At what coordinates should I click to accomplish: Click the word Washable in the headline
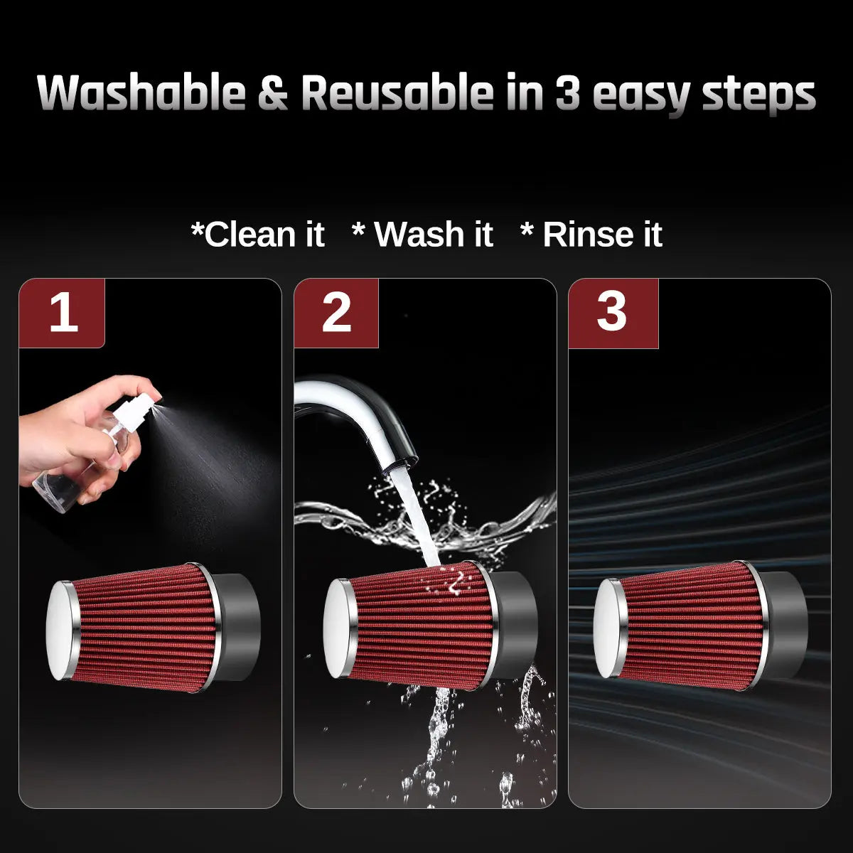pyautogui.click(x=141, y=92)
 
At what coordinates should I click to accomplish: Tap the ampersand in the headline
pyautogui.click(x=273, y=93)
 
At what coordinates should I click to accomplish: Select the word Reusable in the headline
pyautogui.click(x=397, y=92)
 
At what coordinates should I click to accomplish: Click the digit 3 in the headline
pyautogui.click(x=567, y=93)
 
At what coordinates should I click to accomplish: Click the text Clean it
pyautogui.click(x=258, y=234)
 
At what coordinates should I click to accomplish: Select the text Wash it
pyautogui.click(x=423, y=234)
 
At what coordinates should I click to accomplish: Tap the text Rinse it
pyautogui.click(x=592, y=234)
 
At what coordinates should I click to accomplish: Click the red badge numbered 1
pyautogui.click(x=62, y=313)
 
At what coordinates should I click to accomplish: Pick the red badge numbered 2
pyautogui.click(x=336, y=313)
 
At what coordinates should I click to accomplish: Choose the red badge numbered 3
pyautogui.click(x=613, y=313)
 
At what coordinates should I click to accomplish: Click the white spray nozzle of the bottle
pyautogui.click(x=134, y=412)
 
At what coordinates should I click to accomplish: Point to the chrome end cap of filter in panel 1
pyautogui.click(x=61, y=631)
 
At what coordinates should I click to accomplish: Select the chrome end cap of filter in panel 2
pyautogui.click(x=338, y=628)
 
